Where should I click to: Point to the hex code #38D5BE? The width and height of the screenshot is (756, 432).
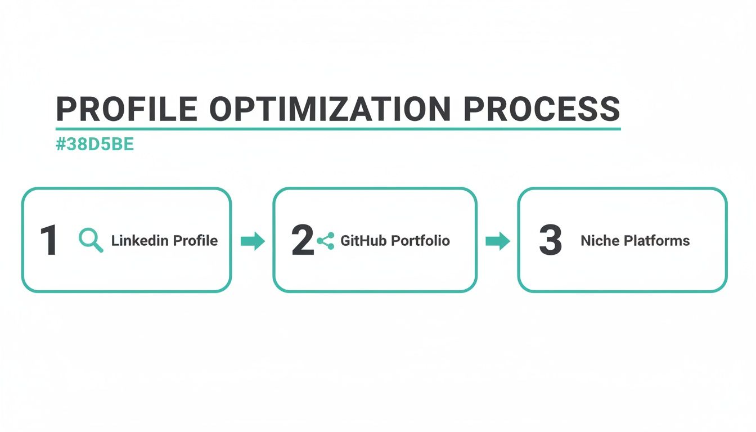[95, 145]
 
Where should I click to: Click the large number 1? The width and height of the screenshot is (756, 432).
[49, 241]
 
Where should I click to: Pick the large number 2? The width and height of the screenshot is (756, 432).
[303, 241]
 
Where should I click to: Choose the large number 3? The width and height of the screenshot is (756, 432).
[550, 241]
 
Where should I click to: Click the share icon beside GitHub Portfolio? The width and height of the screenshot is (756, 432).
[326, 241]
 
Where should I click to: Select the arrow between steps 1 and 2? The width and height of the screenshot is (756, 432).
[253, 241]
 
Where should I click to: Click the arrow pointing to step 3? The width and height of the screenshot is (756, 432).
[497, 241]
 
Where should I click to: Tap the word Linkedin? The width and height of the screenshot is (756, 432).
[139, 241]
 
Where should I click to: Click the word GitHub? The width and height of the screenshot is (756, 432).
[363, 241]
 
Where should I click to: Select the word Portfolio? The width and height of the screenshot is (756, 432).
[420, 241]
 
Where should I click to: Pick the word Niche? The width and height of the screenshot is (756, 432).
[599, 241]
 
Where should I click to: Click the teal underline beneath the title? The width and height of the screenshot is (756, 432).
[337, 129]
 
